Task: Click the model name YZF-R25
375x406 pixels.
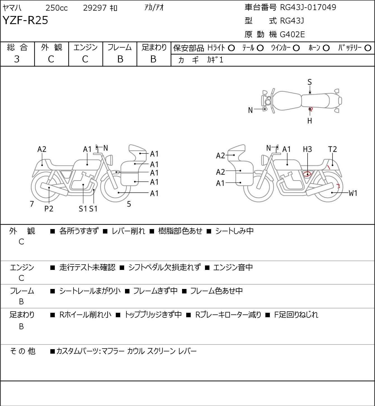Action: click(25, 20)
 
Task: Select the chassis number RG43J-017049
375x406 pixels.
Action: click(308, 8)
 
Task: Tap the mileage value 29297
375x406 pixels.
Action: click(95, 8)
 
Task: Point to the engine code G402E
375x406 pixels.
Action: click(292, 34)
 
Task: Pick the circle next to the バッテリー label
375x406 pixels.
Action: click(368, 48)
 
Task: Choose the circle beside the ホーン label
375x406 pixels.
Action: click(326, 48)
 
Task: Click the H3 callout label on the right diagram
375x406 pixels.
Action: click(307, 149)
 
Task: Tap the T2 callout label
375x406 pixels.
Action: click(332, 149)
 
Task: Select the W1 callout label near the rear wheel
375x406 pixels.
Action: click(353, 193)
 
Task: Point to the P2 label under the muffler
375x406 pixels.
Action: click(49, 209)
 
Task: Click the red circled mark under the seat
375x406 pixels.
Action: click(307, 174)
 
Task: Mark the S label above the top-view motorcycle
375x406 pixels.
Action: click(310, 82)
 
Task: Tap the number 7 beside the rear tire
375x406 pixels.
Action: click(32, 204)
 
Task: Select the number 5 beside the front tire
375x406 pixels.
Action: click(129, 204)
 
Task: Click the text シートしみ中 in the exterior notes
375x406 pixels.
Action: click(234, 231)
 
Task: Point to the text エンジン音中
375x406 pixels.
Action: click(233, 267)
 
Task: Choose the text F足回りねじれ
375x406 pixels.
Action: click(296, 315)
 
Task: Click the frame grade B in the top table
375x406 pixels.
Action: click(120, 59)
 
